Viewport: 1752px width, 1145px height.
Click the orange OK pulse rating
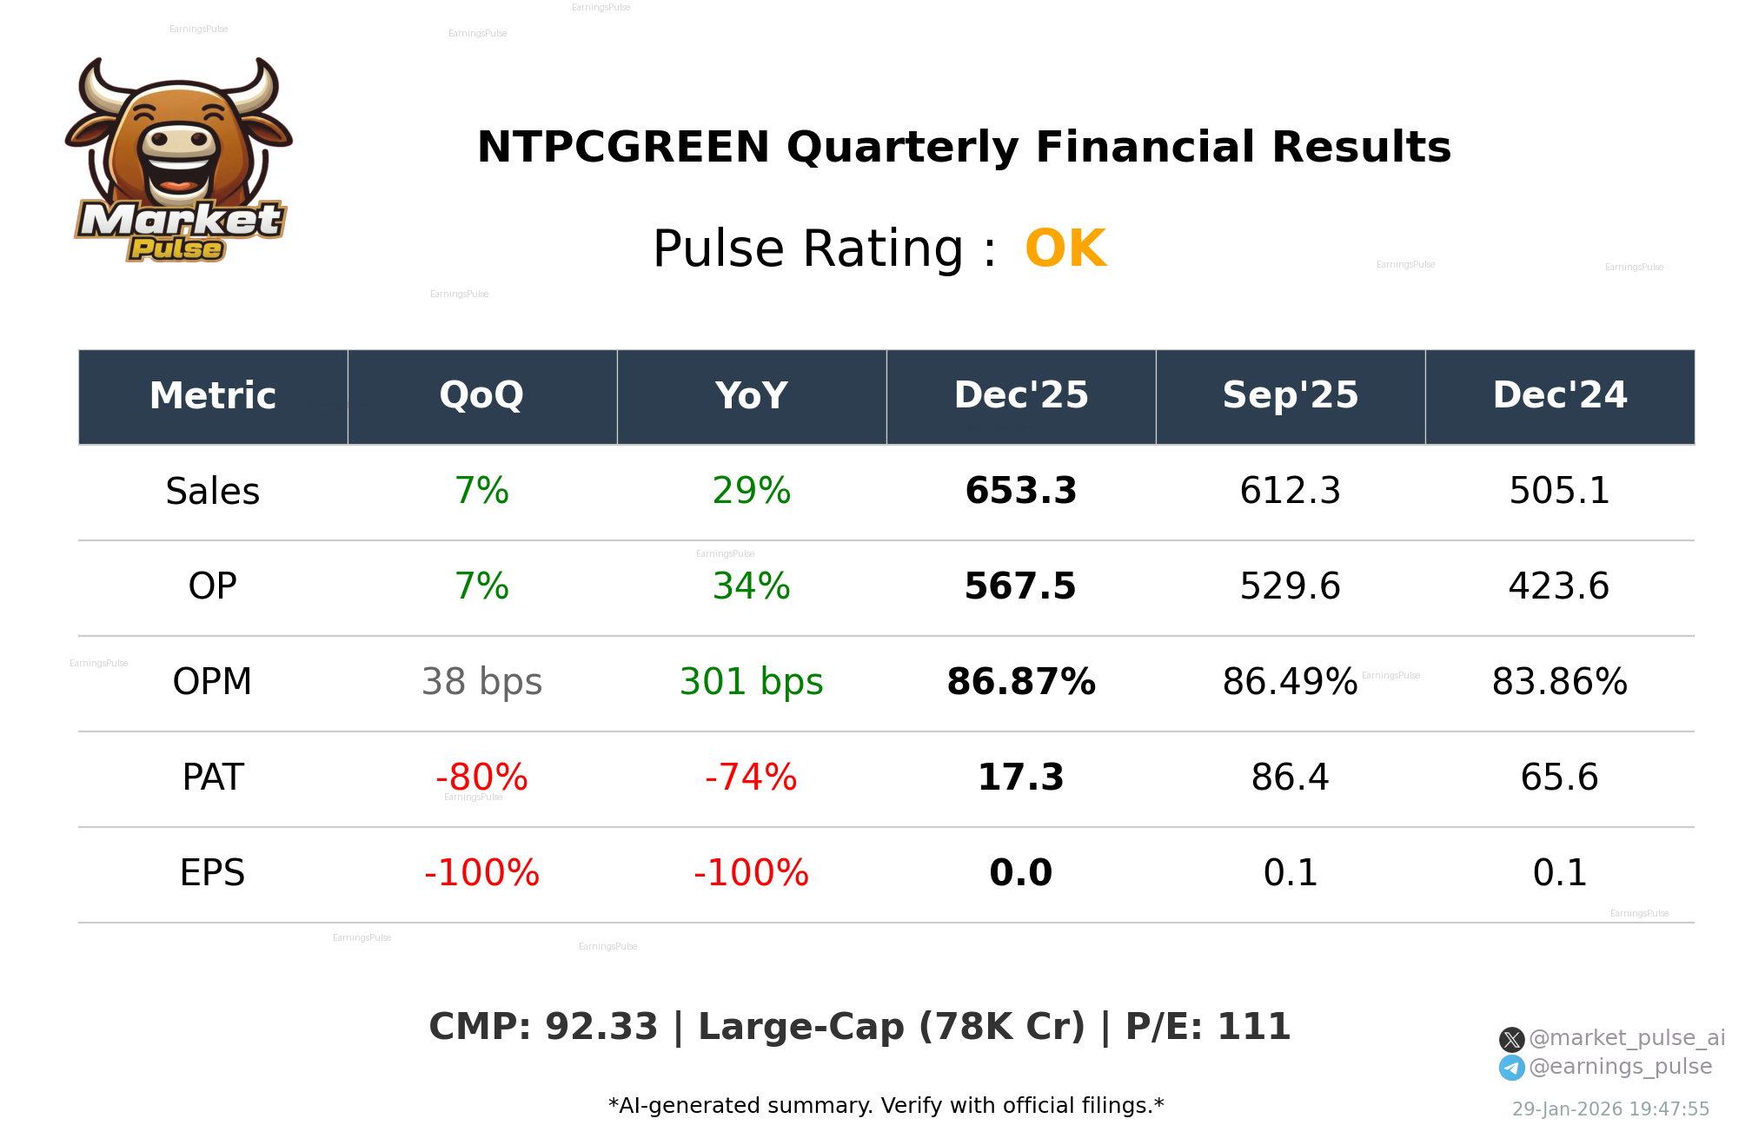(1065, 249)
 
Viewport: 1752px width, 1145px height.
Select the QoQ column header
(481, 396)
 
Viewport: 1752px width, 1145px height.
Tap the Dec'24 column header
(1559, 396)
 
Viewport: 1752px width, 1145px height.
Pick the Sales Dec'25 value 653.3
(1020, 491)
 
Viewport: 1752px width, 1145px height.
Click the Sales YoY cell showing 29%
(751, 491)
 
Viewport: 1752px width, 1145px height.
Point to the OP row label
(212, 586)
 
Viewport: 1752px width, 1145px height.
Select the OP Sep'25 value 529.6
(1290, 586)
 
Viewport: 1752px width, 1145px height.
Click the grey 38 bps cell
(481, 682)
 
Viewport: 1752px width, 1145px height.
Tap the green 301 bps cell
(751, 682)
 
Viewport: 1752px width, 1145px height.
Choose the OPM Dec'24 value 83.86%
(1559, 682)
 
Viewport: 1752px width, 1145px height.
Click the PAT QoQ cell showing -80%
(481, 778)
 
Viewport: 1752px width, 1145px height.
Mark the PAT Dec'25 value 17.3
(1020, 778)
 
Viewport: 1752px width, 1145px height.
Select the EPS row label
(212, 873)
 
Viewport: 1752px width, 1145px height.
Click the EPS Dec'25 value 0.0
(1020, 873)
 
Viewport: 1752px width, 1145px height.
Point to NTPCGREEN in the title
(623, 147)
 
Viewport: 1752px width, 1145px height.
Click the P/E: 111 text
(1207, 1027)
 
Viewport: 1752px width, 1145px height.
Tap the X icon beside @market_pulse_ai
(1511, 1039)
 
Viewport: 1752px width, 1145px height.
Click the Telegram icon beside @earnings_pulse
(1511, 1068)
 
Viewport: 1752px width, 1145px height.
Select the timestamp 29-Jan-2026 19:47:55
(1610, 1109)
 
